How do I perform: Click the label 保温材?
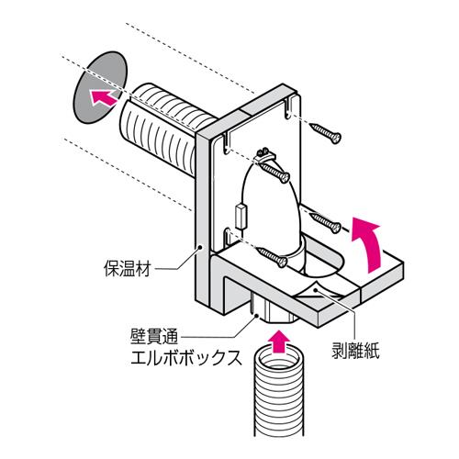click(127, 268)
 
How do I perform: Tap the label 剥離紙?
click(355, 350)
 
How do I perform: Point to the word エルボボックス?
click(186, 358)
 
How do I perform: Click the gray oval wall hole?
click(100, 87)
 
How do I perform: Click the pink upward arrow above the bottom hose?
click(278, 341)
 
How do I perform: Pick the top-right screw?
click(325, 133)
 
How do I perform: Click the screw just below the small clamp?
click(274, 172)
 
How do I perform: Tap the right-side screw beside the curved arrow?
click(325, 223)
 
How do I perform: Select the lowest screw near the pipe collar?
click(272, 257)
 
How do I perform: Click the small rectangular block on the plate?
click(241, 217)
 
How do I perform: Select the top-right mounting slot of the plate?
click(287, 107)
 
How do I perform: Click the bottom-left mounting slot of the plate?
click(227, 236)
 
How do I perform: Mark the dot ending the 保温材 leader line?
click(200, 247)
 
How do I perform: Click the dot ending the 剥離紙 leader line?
click(318, 290)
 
